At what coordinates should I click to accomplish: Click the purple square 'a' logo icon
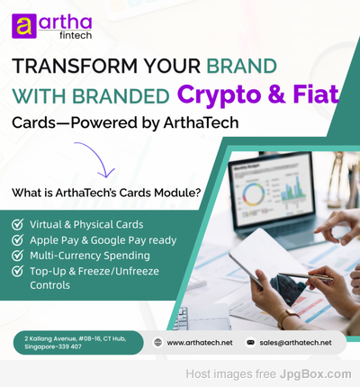tap(24, 26)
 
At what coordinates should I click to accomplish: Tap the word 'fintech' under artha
tap(76, 35)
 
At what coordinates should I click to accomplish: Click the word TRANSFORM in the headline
tap(75, 66)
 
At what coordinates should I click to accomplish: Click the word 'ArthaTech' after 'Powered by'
tap(201, 122)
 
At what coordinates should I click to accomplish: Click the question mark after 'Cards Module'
tap(197, 193)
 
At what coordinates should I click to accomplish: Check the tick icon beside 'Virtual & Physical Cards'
tap(18, 224)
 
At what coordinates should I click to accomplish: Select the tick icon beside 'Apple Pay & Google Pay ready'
tap(18, 239)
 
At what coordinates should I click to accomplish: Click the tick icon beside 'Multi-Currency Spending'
tap(18, 255)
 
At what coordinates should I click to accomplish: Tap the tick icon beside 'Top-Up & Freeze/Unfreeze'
tap(18, 271)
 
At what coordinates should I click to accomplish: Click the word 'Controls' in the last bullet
tap(49, 285)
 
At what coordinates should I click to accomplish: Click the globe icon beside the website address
tap(157, 342)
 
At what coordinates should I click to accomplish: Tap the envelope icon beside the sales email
tap(250, 342)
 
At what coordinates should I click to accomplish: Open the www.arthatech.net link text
tap(200, 343)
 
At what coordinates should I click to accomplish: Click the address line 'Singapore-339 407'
tap(53, 346)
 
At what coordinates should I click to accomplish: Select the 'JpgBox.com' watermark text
tap(315, 374)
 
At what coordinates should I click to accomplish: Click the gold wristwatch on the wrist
tap(287, 319)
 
